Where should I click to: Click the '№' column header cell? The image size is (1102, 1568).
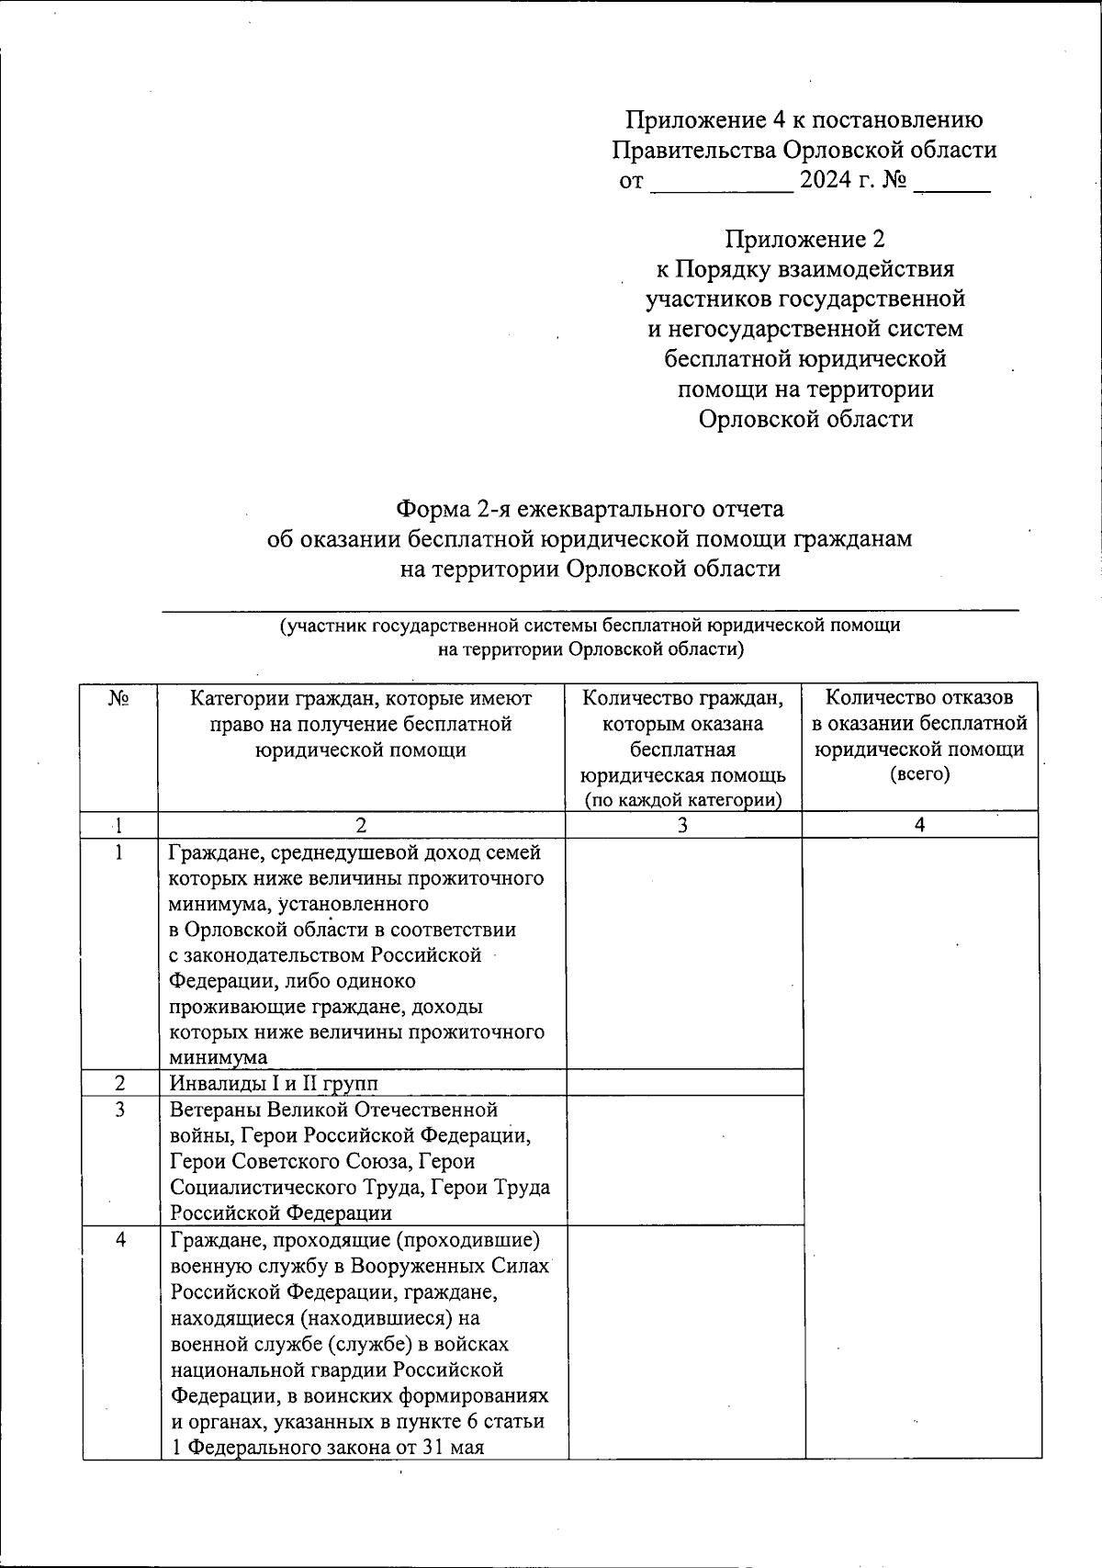[118, 700]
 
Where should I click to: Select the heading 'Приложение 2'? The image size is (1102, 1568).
[804, 240]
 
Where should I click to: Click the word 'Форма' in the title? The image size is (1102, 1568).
[432, 509]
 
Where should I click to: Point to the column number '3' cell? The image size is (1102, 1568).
[682, 825]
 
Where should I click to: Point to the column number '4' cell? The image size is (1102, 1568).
[920, 825]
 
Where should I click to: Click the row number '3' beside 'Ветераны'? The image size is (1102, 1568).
[119, 1110]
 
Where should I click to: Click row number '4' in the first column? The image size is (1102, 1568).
[120, 1240]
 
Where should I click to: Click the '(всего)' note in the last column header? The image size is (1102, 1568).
[920, 774]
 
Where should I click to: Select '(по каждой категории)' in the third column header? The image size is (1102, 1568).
[683, 800]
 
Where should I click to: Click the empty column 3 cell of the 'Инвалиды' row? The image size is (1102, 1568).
[683, 1084]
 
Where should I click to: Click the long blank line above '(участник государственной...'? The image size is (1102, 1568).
[590, 608]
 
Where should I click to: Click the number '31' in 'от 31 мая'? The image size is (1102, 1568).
[433, 1448]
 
